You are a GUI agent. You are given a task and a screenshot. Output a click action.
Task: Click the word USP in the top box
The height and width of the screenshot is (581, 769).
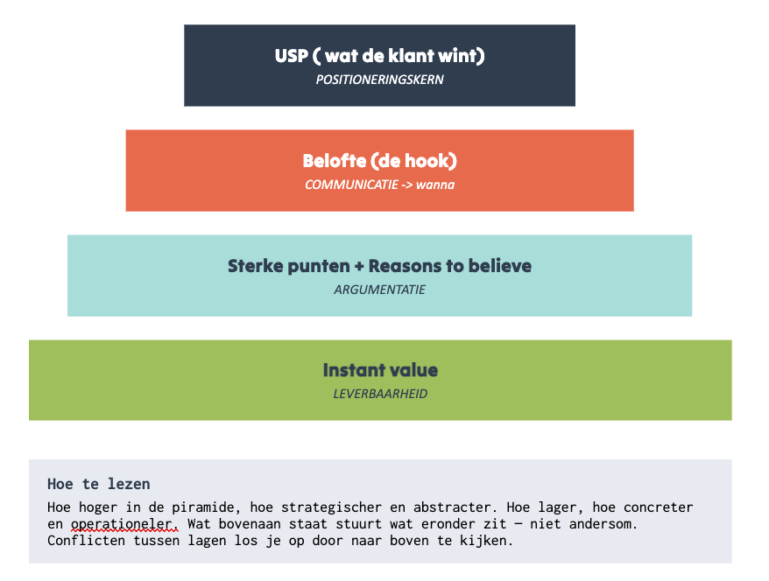292,56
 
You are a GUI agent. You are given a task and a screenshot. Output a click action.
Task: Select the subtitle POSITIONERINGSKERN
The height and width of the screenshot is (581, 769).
379,80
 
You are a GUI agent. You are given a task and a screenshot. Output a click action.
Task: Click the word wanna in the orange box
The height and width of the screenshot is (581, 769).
435,185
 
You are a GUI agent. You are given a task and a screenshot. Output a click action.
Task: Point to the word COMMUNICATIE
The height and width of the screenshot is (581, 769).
351,185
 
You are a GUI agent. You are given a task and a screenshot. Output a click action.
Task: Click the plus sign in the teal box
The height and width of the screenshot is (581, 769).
359,267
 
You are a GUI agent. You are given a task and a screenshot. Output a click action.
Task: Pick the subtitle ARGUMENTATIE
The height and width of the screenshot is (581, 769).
379,290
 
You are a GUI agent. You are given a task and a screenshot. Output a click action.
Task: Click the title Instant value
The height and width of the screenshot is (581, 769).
380,370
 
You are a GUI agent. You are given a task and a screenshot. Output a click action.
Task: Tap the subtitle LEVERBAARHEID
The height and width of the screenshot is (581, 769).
380,394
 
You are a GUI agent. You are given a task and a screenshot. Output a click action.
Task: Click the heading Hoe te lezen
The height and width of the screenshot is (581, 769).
99,484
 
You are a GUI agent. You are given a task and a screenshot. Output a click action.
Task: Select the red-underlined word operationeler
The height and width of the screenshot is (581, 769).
124,524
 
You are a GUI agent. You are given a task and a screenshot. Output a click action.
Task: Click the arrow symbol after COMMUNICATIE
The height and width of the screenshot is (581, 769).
407,185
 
